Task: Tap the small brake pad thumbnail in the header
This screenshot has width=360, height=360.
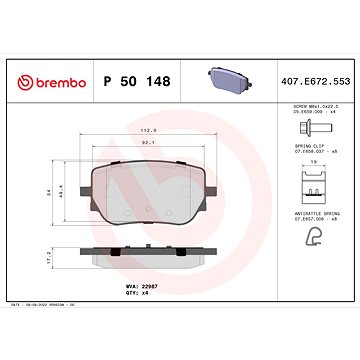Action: point(222,77)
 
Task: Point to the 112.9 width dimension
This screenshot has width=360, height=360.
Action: point(150,130)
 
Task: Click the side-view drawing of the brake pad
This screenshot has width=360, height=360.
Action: point(150,258)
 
